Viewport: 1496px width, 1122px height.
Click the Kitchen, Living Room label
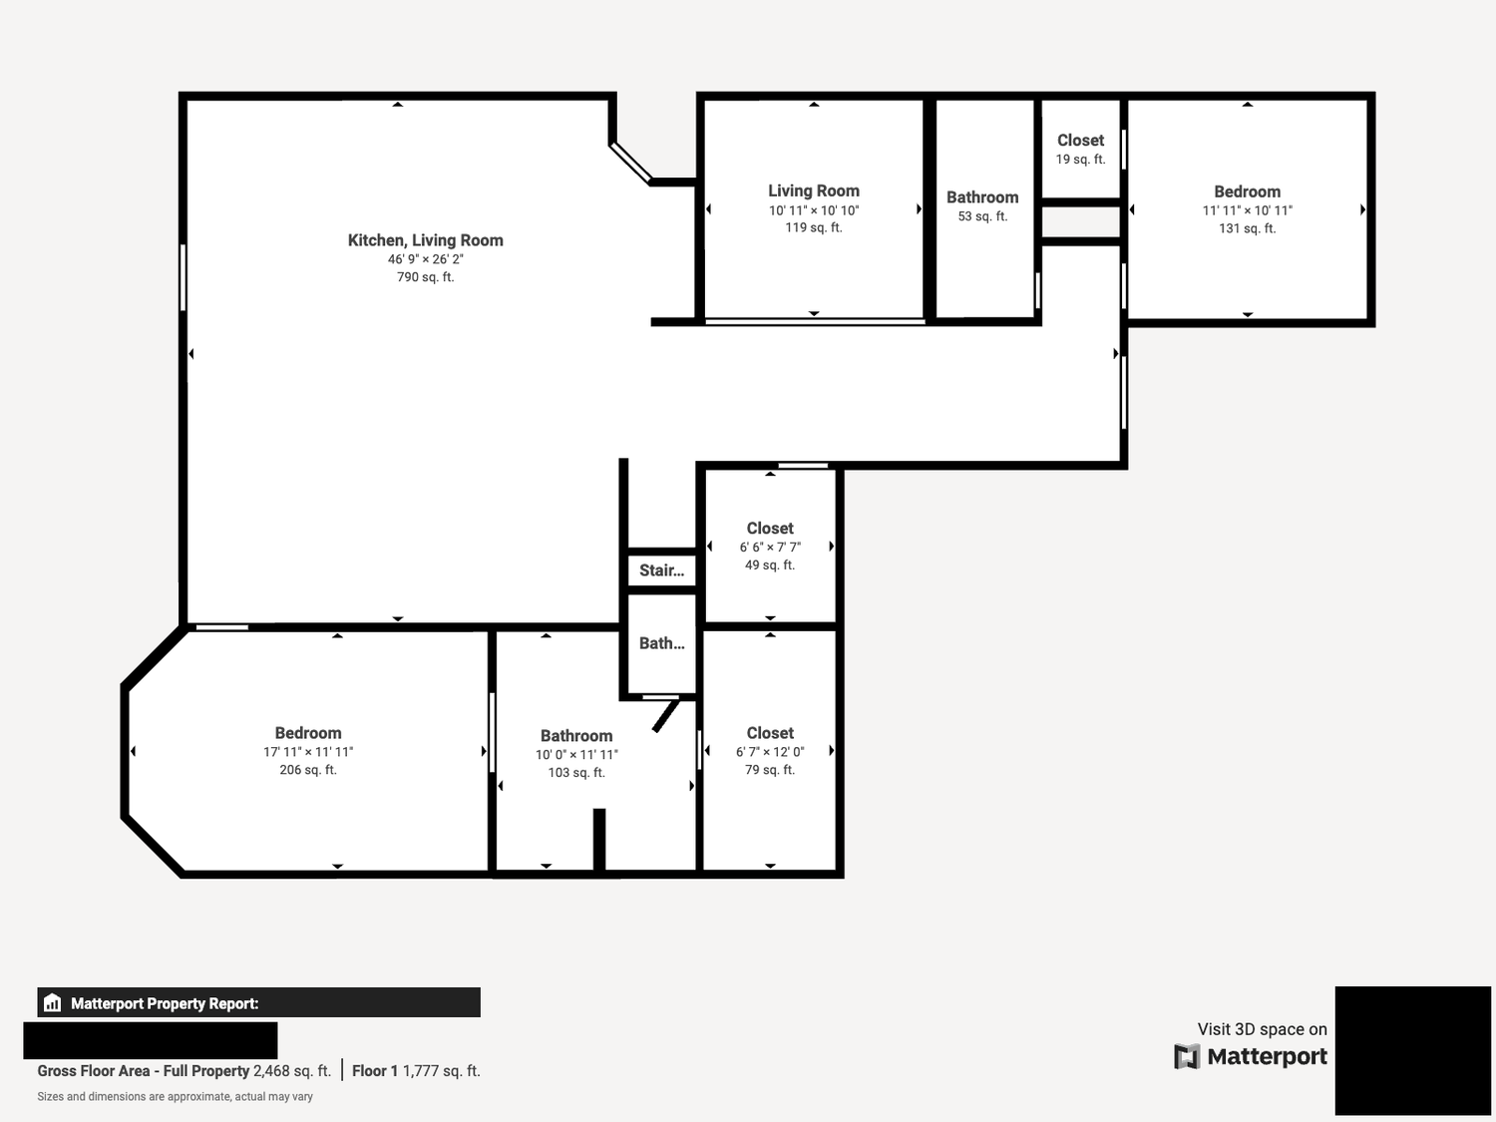(x=425, y=240)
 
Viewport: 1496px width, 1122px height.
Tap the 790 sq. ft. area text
(x=425, y=277)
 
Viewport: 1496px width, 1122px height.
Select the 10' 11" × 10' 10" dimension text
(x=814, y=210)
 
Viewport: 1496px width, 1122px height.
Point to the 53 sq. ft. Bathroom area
(x=982, y=216)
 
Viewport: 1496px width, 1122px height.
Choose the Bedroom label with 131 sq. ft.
(x=1248, y=192)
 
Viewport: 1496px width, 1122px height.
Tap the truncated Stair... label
(x=662, y=570)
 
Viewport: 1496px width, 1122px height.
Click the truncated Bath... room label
(x=662, y=643)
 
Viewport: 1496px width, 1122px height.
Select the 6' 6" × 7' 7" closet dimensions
(x=770, y=547)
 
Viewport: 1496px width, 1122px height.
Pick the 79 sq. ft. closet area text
(x=770, y=770)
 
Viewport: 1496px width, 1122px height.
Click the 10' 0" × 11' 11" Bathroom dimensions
(x=576, y=755)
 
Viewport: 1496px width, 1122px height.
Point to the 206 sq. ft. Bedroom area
(x=308, y=770)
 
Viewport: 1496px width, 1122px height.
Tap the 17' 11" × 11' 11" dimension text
(x=308, y=752)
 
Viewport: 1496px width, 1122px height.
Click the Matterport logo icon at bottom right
(x=1187, y=1056)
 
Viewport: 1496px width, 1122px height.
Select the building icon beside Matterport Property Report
(x=53, y=1002)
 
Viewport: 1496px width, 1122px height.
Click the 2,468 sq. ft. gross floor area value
(x=291, y=1071)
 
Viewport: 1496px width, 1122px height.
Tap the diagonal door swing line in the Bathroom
(x=666, y=715)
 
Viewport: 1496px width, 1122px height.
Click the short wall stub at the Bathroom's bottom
(x=599, y=840)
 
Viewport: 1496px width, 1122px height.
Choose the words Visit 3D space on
(x=1263, y=1029)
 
